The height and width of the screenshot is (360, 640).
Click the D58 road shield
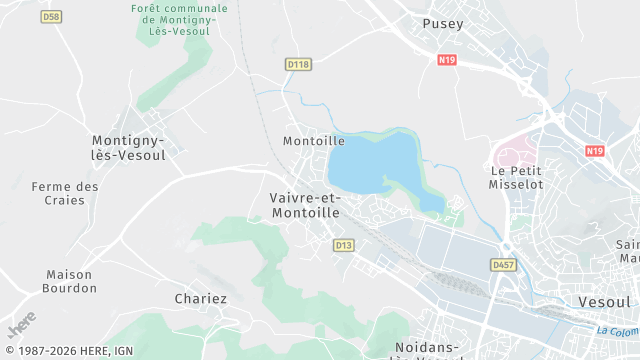(x=52, y=17)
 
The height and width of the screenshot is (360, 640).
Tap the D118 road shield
(x=298, y=64)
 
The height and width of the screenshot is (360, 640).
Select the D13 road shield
(x=344, y=244)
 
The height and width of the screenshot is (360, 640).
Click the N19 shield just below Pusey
(x=447, y=60)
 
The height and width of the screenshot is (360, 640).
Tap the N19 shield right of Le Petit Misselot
(x=595, y=151)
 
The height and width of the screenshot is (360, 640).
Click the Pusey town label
(x=443, y=23)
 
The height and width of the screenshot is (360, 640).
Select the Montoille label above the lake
(x=313, y=141)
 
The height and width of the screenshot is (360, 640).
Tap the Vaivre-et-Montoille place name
(x=305, y=205)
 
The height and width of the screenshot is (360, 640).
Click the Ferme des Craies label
(x=65, y=194)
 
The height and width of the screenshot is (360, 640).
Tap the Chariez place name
(x=201, y=299)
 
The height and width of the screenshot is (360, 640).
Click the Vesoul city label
(x=604, y=301)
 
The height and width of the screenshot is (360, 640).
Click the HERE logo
(x=21, y=326)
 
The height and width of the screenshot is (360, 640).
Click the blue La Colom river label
(x=617, y=332)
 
